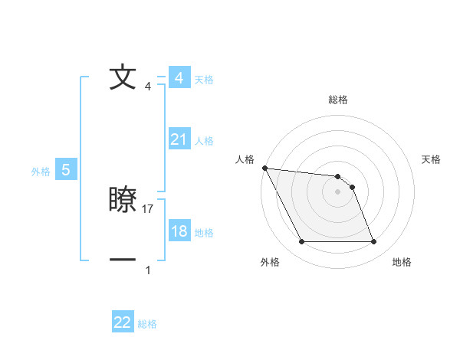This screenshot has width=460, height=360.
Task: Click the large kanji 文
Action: pyautogui.click(x=123, y=78)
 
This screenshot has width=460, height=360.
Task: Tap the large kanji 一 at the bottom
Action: pyautogui.click(x=123, y=260)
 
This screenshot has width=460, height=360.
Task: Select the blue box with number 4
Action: pyautogui.click(x=179, y=78)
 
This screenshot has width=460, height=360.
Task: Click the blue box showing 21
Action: pyautogui.click(x=179, y=139)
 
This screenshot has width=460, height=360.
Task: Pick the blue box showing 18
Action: pyautogui.click(x=179, y=231)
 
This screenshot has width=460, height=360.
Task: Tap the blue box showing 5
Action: pyautogui.click(x=66, y=170)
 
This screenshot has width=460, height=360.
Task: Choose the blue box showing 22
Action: pyautogui.click(x=123, y=322)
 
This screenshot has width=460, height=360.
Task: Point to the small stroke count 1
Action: pyautogui.click(x=148, y=270)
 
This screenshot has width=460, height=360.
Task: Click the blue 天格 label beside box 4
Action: pyautogui.click(x=204, y=80)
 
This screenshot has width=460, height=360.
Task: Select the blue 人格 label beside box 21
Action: pyautogui.click(x=204, y=141)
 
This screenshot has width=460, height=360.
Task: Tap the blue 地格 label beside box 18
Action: pyautogui.click(x=204, y=233)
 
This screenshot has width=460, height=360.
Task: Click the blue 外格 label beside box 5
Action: pyautogui.click(x=41, y=172)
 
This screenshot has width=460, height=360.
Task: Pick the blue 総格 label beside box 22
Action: pyautogui.click(x=147, y=324)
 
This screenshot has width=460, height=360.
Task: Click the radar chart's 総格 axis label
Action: pyautogui.click(x=337, y=100)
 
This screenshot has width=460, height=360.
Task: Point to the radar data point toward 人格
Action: pyautogui.click(x=264, y=168)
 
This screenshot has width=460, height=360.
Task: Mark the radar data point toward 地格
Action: pyautogui.click(x=373, y=242)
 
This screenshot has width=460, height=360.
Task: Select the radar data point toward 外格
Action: pyautogui.click(x=301, y=242)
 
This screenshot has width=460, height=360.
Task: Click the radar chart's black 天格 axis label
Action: pyautogui.click(x=432, y=159)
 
